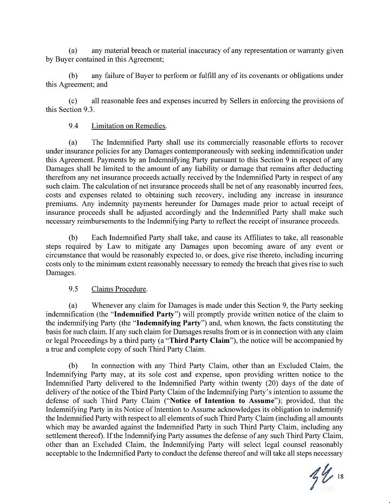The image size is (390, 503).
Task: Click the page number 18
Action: coord(340,476)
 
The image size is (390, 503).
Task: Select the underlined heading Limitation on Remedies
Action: coord(128,126)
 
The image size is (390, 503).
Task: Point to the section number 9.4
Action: coord(75,126)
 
